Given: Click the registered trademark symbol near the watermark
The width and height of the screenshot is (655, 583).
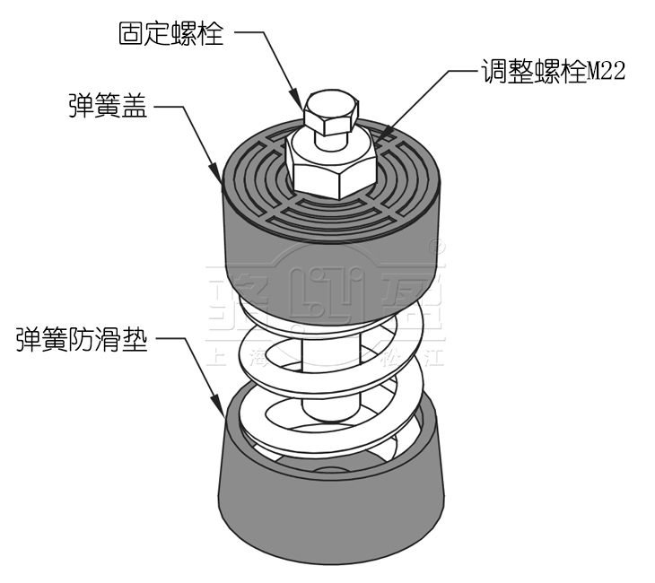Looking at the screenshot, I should tap(439, 243).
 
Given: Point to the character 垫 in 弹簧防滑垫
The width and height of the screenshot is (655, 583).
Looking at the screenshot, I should tap(134, 340).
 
